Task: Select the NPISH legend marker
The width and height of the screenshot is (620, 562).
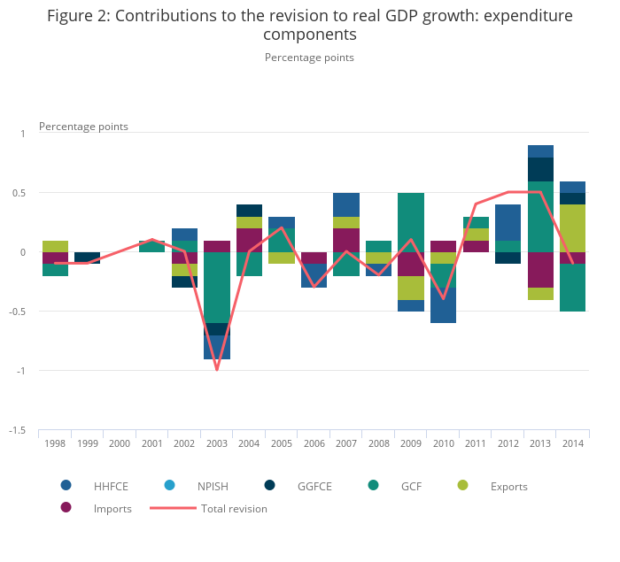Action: [x=171, y=485]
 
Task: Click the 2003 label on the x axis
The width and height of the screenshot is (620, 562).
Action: [x=217, y=443]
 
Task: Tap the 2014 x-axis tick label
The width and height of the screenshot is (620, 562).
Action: [x=573, y=443]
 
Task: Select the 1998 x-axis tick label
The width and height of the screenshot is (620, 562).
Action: [x=55, y=443]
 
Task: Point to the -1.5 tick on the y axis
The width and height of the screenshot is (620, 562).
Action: [x=17, y=431]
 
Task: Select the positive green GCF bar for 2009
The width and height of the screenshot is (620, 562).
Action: [x=411, y=222]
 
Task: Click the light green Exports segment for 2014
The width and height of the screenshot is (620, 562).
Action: [x=573, y=228]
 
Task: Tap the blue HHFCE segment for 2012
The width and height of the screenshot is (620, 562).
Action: [x=508, y=222]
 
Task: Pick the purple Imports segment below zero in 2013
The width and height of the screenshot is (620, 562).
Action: [x=540, y=270]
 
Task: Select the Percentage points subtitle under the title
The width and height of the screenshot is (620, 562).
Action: [x=309, y=58]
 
